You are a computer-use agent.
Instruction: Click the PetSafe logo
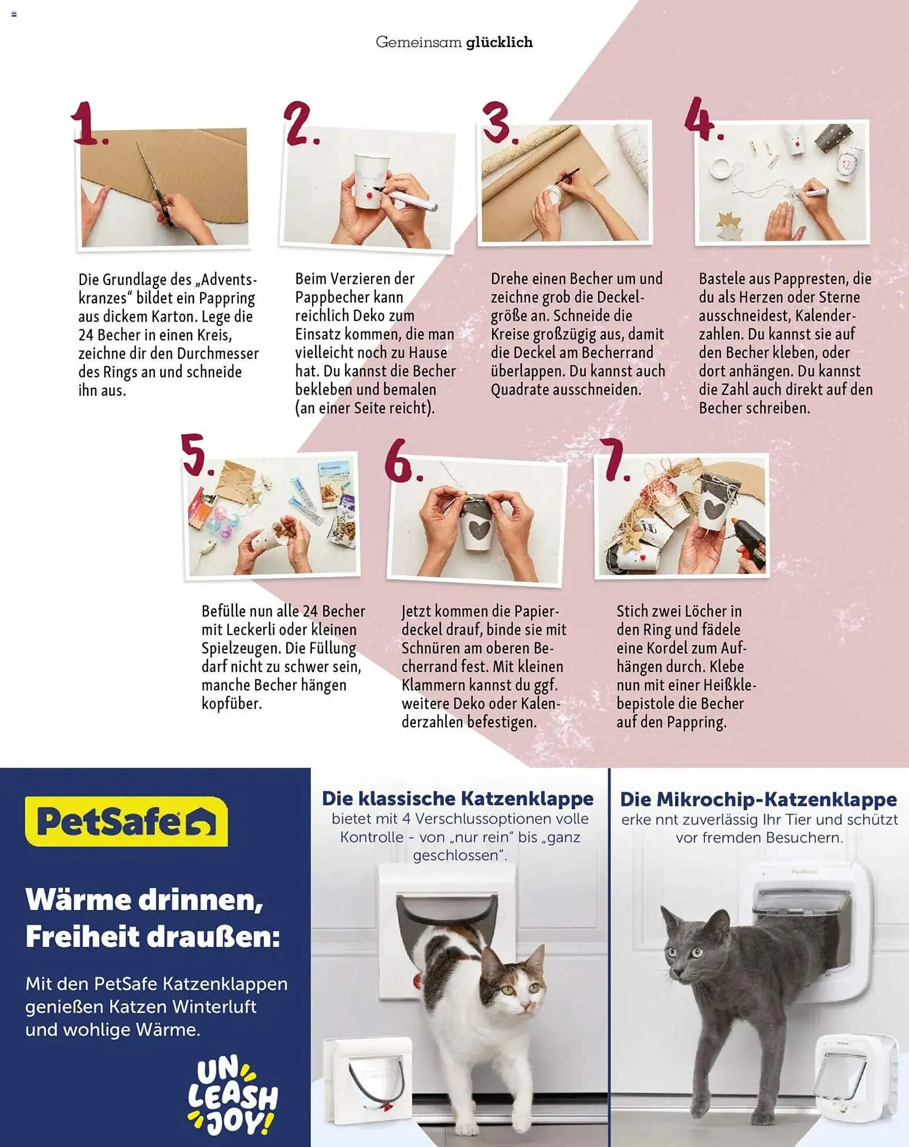click(126, 821)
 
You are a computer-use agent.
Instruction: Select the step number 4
click(702, 119)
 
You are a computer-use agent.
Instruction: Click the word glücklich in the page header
click(499, 42)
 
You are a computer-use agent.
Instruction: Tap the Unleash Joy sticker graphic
click(232, 1097)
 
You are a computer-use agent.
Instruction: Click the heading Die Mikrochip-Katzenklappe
click(758, 799)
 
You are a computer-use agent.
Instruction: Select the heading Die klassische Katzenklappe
click(457, 798)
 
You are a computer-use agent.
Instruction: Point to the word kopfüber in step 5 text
click(231, 703)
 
